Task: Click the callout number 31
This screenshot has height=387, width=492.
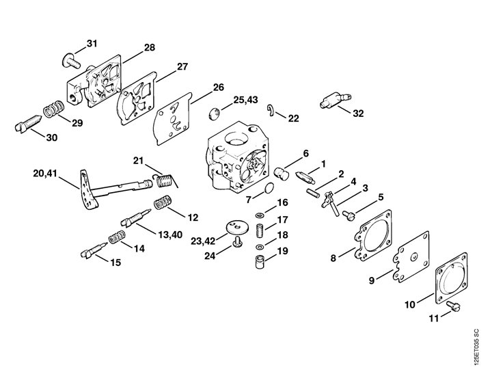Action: pos(92,43)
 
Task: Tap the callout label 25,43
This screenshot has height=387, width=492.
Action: pos(245,100)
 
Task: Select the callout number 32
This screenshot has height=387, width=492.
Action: pos(358,114)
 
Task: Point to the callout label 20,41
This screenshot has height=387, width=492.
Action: pos(45,173)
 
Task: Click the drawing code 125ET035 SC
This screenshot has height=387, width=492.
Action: pos(477,347)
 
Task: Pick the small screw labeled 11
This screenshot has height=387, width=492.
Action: pos(453,306)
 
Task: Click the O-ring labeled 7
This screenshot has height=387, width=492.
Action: pos(269,188)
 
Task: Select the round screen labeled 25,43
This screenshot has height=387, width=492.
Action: pos(215,114)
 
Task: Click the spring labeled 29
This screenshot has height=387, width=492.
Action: pos(54,109)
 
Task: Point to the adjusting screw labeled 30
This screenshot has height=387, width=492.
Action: pos(28,124)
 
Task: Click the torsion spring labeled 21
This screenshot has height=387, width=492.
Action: pos(165,181)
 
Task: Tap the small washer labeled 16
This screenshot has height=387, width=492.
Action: pos(260,215)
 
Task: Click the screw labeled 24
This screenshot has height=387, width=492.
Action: pos(237,241)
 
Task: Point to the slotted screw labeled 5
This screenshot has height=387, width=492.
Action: pos(348,215)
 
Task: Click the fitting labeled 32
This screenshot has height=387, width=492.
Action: pos(335,101)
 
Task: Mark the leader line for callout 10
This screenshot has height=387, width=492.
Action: pos(426,299)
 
